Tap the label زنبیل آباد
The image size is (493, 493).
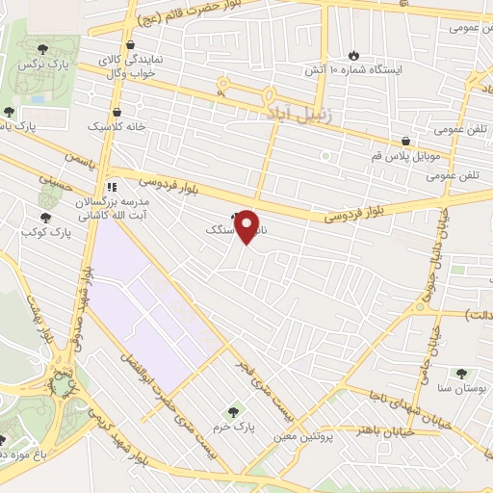(x=299, y=112)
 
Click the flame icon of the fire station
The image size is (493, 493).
(x=353, y=54)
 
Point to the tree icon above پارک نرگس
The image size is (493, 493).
(x=41, y=48)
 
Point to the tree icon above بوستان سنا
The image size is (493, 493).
(x=461, y=373)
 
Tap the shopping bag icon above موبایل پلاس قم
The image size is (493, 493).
(x=407, y=141)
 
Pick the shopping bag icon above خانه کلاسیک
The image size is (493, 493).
(x=117, y=112)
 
